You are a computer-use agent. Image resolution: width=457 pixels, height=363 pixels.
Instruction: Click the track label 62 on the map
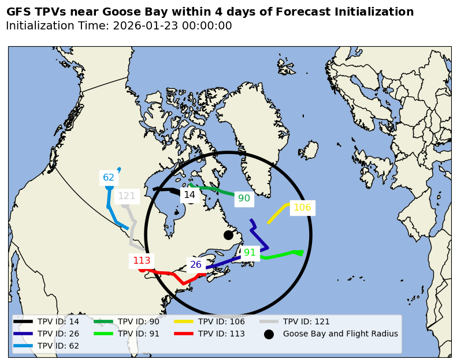109,177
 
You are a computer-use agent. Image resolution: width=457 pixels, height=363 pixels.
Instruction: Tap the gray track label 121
127,196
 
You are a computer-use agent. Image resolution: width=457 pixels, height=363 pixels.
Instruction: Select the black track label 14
190,195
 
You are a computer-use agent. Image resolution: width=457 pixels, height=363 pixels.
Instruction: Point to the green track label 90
244,199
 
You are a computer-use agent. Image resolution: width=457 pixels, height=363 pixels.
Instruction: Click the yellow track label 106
302,208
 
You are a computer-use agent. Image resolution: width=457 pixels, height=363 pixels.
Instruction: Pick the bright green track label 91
250,252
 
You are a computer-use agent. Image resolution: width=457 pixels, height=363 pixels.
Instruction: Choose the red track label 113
142,260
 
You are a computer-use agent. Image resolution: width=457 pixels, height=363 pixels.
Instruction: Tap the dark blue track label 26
196,265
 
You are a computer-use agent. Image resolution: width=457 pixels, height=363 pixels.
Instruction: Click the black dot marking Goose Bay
228,235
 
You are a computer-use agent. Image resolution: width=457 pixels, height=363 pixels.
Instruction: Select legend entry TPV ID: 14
58,321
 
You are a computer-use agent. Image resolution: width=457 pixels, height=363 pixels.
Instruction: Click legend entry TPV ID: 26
58,334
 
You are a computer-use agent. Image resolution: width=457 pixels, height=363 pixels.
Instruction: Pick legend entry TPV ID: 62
58,346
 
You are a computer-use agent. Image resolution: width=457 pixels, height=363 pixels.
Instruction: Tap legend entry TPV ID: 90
138,321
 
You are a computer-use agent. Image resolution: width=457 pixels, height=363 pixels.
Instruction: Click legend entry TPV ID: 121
306,321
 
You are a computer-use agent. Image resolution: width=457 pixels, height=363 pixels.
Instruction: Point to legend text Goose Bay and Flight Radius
340,334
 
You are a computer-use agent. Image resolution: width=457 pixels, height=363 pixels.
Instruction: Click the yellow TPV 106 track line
277,214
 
